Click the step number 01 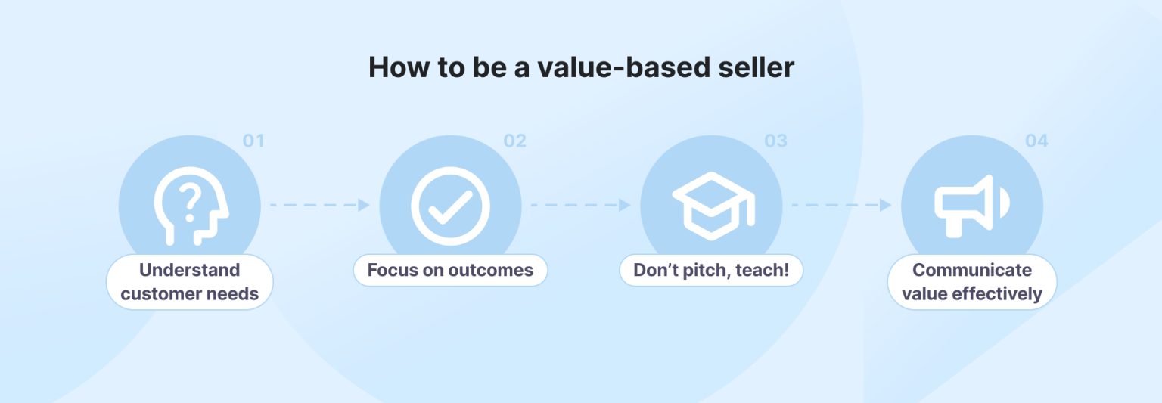253,141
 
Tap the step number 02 514,141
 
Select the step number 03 775,141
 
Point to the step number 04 1036,141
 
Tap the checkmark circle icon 450,205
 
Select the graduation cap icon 712,205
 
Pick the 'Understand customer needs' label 190,282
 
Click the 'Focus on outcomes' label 450,270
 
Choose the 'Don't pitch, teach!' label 711,270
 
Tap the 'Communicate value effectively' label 972,282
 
